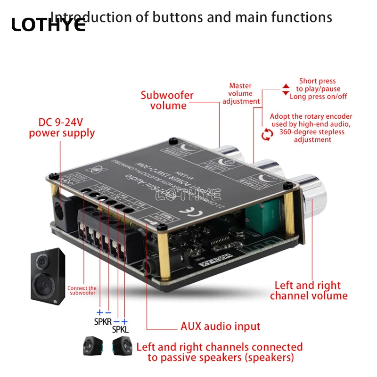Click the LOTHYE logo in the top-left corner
(x=48, y=25)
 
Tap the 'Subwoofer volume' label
(x=167, y=100)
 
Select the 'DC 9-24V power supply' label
(x=62, y=128)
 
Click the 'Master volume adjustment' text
(x=241, y=93)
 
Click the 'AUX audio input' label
(x=221, y=326)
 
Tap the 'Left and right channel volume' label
(x=309, y=290)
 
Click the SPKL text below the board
(x=120, y=329)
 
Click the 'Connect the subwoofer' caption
(x=82, y=290)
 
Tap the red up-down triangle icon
(x=286, y=90)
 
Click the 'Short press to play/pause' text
(x=318, y=85)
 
